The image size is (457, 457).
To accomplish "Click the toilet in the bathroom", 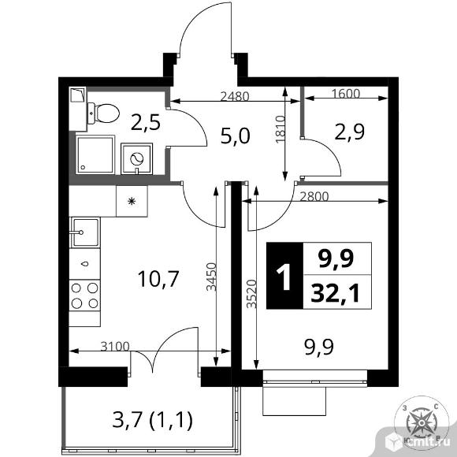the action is coord(103,113).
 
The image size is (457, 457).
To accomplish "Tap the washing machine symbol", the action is coord(136,159).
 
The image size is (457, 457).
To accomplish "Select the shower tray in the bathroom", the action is coord(95,154).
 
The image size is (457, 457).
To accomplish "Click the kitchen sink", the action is coord(85,232).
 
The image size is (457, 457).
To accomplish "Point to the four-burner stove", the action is coord(85,295).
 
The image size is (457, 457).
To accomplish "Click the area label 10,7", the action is coord(158,279).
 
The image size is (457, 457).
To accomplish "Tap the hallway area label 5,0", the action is coord(236,136).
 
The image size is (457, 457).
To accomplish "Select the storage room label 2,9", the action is coord(350,132).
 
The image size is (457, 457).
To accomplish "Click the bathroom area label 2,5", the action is coord(146,123).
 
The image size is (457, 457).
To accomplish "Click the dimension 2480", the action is coord(235,96).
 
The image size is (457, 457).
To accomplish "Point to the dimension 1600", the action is coord(346,94).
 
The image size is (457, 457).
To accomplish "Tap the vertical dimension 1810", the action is coord(280,129).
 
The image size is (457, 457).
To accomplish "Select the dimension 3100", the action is coord(115,346).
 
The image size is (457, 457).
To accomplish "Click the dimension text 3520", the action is coord(251,294).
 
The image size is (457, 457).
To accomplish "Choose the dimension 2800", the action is coord(314,197).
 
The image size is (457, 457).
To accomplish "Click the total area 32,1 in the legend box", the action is coord(335,293).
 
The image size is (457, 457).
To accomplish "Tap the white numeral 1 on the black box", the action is coord(284,277).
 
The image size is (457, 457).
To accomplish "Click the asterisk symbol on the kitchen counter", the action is coord(132,201).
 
